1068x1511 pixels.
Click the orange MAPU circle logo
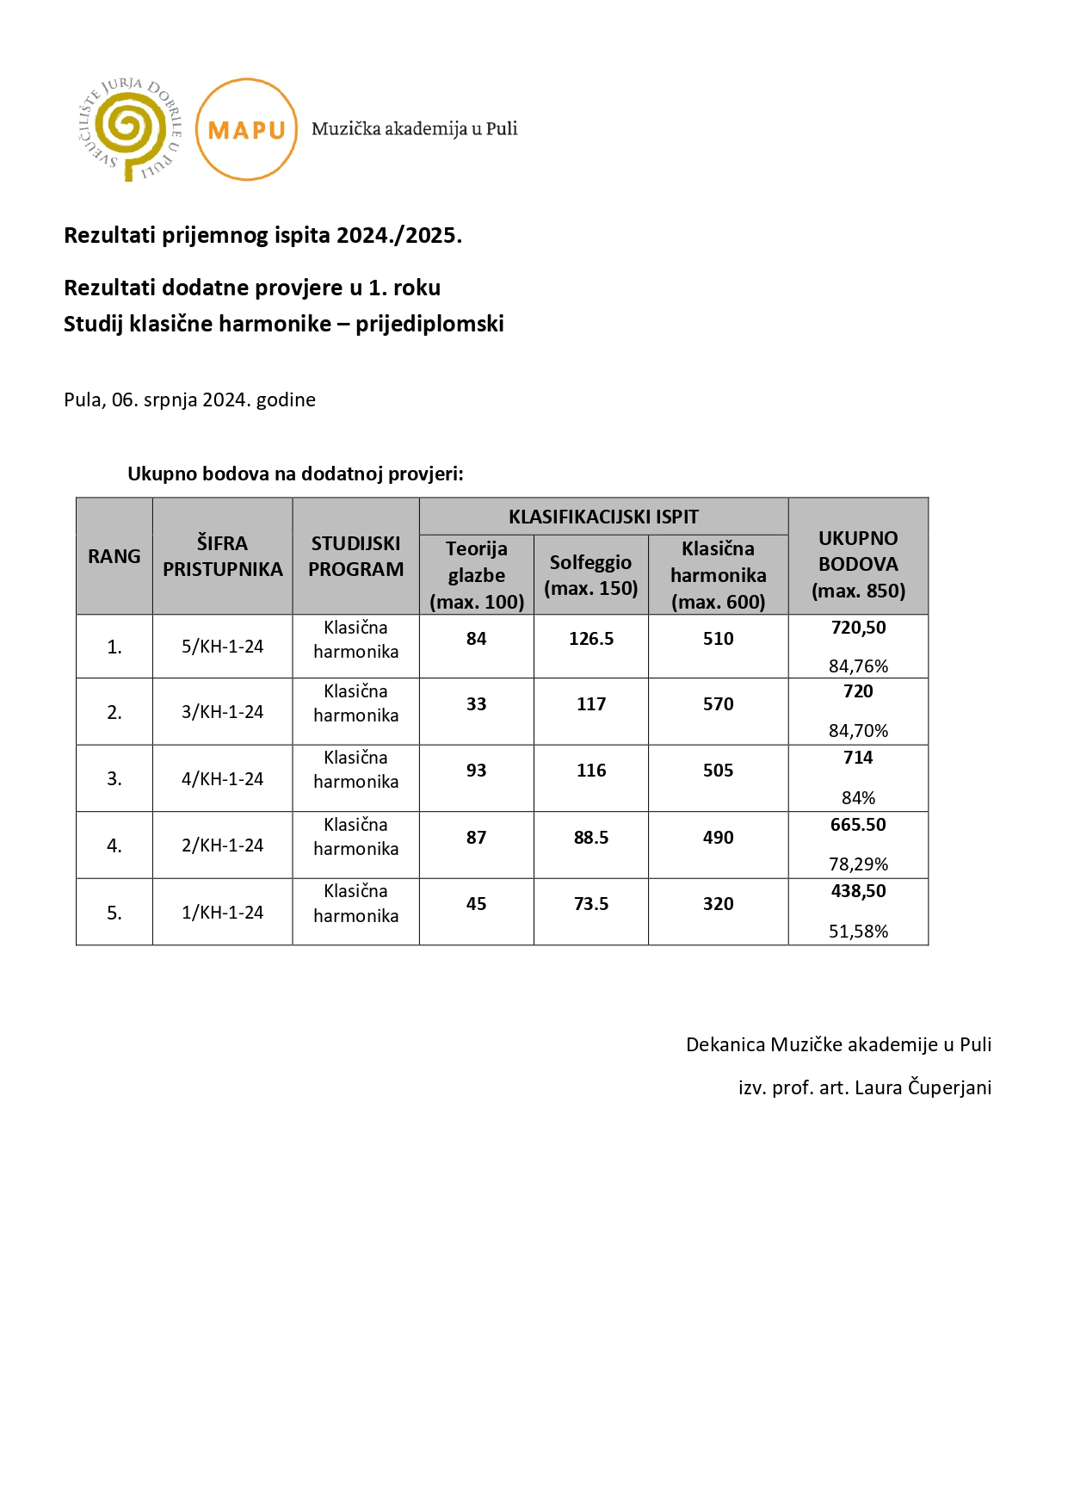click(247, 129)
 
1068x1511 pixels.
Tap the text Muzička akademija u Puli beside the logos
click(414, 129)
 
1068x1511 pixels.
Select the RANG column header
click(114, 556)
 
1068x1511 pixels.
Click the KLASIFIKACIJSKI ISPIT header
click(603, 517)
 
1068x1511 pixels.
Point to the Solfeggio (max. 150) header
click(591, 575)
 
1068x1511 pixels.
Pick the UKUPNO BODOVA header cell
click(858, 564)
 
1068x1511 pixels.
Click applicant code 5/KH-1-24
click(222, 647)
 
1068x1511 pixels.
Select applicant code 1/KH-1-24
click(222, 913)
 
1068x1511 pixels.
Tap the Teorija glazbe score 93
click(476, 771)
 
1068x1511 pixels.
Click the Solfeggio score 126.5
click(591, 639)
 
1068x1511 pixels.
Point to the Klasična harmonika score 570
click(718, 704)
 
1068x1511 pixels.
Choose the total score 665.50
click(858, 825)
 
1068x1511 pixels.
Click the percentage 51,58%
click(858, 932)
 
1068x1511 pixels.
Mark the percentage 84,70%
click(858, 731)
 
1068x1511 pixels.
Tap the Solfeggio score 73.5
click(591, 904)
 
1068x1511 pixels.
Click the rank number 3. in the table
click(114, 779)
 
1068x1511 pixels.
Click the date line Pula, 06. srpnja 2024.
click(189, 399)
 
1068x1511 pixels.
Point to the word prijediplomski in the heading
click(429, 324)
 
